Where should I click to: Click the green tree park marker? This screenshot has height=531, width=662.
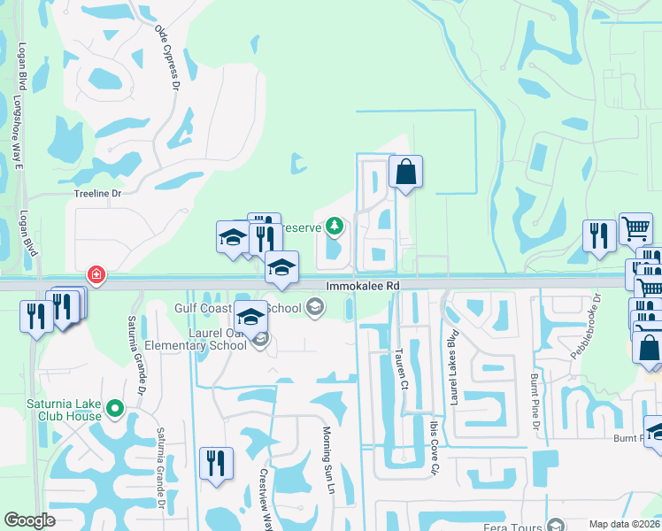(334, 227)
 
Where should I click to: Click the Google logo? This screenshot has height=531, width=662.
(29, 520)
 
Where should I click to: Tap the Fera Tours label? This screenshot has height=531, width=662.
(514, 525)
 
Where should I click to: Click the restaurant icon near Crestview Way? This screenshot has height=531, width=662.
(215, 462)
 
